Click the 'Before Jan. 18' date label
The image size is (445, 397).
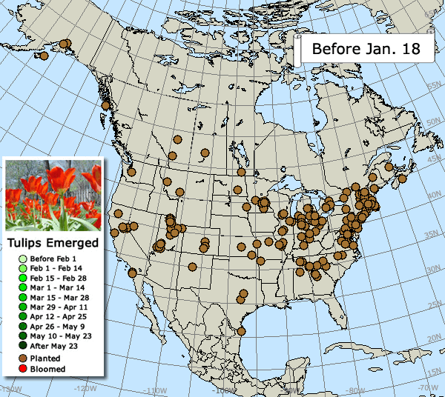tap(360, 50)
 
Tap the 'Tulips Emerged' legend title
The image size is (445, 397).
tap(53, 243)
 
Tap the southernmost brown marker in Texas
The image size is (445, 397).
tap(240, 331)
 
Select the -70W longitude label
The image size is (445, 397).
tap(423, 388)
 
